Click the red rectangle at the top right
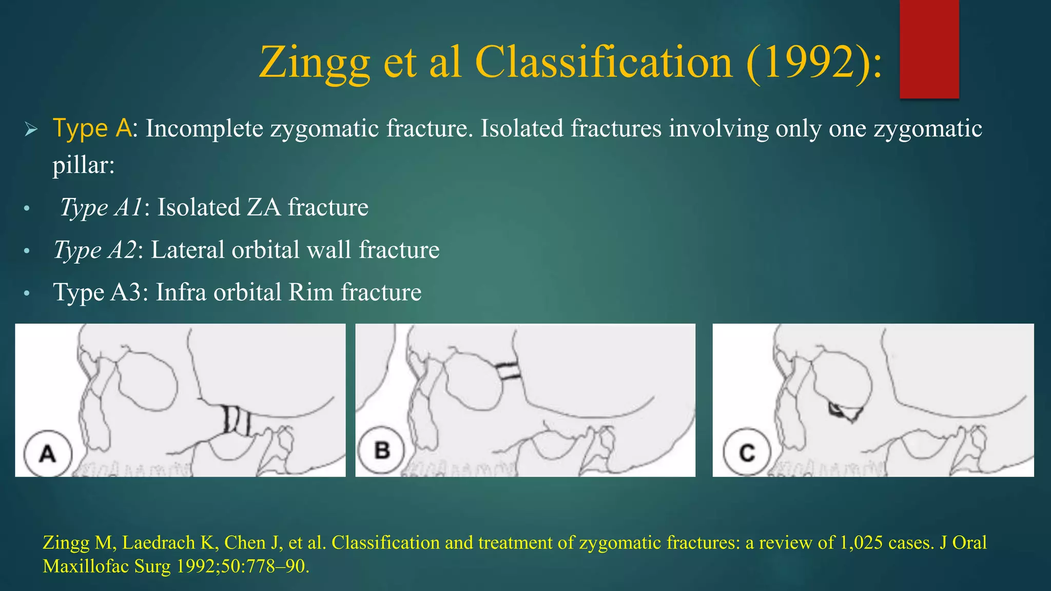tap(929, 49)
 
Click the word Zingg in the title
tap(314, 63)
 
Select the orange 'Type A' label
tap(92, 128)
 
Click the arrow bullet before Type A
tap(31, 129)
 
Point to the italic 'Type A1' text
tap(101, 208)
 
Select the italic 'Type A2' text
tap(95, 250)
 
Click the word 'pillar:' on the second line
tap(83, 165)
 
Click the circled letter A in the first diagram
tap(48, 454)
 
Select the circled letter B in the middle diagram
tap(382, 450)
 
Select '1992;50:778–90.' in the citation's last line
tap(243, 566)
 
